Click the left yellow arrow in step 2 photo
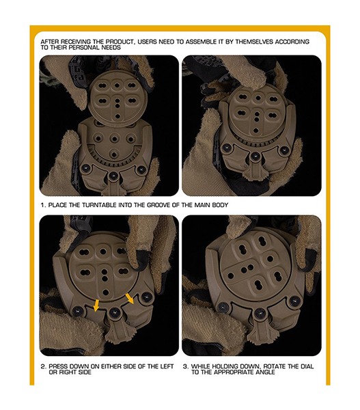96,305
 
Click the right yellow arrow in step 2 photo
130,299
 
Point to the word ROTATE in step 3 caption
274,366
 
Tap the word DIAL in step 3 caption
307,366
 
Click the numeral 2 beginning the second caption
43,366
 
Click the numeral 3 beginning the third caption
185,366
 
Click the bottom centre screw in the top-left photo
113,175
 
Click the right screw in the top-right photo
285,150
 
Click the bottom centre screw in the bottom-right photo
260,313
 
